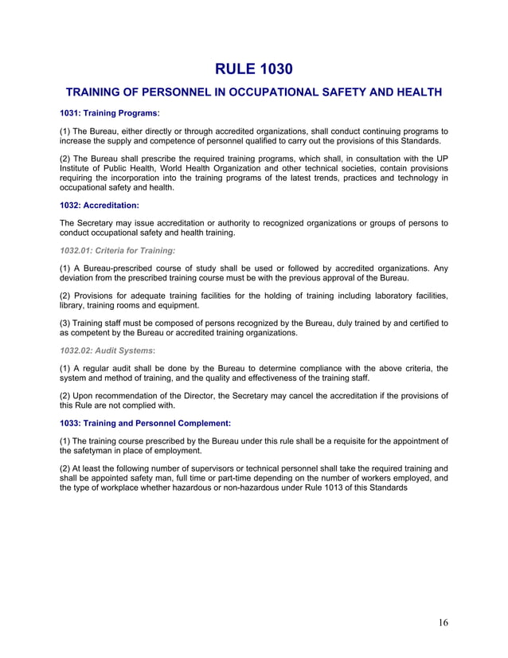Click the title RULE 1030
253,69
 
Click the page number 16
443,623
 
